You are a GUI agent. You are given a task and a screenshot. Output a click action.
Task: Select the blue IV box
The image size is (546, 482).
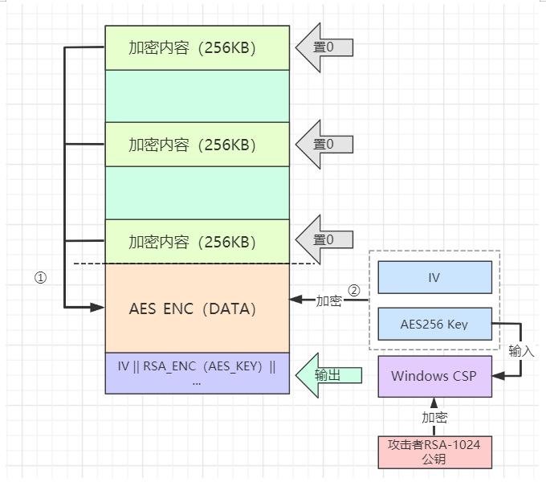(x=434, y=277)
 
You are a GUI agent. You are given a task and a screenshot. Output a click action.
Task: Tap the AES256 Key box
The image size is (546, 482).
(x=434, y=325)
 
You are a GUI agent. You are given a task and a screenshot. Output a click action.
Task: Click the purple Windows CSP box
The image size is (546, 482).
(x=434, y=376)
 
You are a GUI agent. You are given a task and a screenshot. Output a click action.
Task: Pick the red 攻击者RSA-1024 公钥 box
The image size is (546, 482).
(x=434, y=452)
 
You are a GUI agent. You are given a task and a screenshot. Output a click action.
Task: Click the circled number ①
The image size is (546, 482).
(x=40, y=278)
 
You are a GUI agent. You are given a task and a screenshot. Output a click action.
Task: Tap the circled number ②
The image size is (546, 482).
(x=353, y=289)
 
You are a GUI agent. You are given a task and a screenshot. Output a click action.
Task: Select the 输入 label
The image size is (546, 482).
(x=521, y=351)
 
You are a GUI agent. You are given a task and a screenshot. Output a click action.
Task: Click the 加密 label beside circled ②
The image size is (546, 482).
(x=328, y=300)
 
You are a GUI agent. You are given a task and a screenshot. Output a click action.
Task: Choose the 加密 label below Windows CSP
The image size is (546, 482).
(x=434, y=417)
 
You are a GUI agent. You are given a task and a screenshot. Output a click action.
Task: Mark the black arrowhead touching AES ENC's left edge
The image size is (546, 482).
(x=99, y=307)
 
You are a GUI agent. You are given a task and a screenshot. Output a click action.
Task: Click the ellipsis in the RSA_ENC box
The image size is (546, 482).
(x=197, y=382)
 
